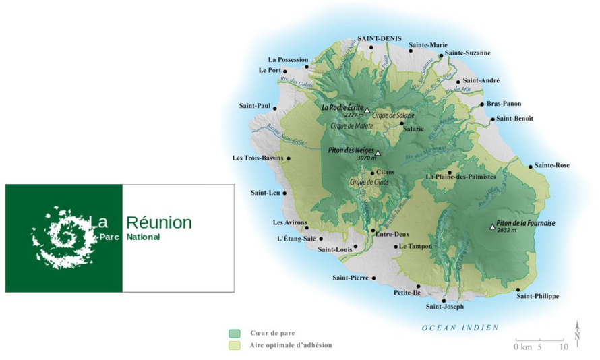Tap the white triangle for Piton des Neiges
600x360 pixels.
pyautogui.click(x=378, y=152)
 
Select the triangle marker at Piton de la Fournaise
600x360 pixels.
pyautogui.click(x=492, y=227)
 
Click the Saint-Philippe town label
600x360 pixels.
pyautogui.click(x=537, y=296)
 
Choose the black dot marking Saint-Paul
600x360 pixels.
pyautogui.click(x=275, y=107)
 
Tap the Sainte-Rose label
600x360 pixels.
pyautogui.click(x=553, y=165)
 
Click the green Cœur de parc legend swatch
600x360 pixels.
pyautogui.click(x=234, y=333)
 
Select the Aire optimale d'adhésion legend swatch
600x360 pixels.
pyautogui.click(x=234, y=345)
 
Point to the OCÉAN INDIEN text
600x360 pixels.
pyautogui.click(x=460, y=328)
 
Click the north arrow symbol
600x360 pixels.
pyautogui.click(x=577, y=334)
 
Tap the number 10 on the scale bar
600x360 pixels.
pyautogui.click(x=564, y=347)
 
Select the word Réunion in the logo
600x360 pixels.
pyautogui.click(x=159, y=222)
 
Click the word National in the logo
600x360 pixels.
pyautogui.click(x=143, y=237)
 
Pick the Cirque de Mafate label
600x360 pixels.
pyautogui.click(x=351, y=126)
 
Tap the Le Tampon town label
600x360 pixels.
pyautogui.click(x=415, y=247)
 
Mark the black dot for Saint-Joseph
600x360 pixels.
pyautogui.click(x=444, y=301)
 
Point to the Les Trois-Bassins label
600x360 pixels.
pyautogui.click(x=258, y=158)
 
